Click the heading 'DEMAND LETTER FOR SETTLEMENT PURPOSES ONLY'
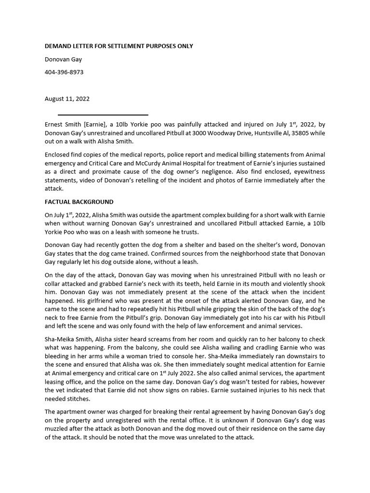click(119, 46)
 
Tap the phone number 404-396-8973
click(64, 72)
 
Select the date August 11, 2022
click(67, 99)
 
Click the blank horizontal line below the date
click(103, 115)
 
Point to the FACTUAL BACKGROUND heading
click(79, 202)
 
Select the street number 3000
click(199, 132)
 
